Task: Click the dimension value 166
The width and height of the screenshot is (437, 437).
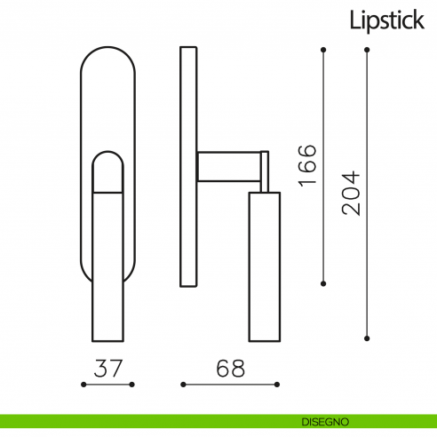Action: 306,165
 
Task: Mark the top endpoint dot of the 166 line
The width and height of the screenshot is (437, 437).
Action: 323,48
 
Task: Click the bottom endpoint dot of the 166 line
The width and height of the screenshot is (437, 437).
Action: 323,284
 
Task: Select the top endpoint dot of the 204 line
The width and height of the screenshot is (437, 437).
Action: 367,48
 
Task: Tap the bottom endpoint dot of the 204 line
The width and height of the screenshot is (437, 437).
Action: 367,338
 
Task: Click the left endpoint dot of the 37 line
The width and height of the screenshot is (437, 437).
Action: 83,385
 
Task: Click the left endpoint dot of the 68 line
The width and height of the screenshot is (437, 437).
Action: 182,385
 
